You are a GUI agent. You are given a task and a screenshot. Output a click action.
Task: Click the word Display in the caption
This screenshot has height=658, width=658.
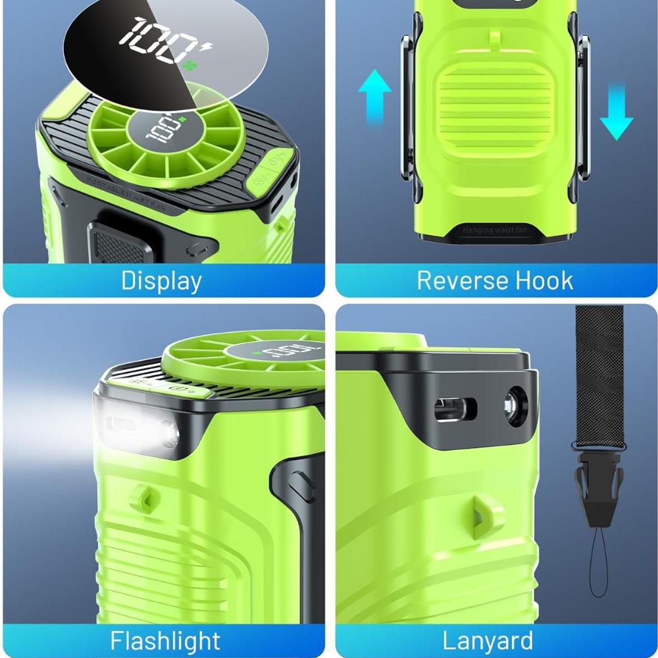(x=161, y=281)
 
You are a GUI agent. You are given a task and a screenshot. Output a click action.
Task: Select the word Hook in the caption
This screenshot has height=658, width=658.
(x=545, y=281)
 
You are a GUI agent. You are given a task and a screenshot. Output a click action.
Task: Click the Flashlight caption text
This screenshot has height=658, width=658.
(x=165, y=640)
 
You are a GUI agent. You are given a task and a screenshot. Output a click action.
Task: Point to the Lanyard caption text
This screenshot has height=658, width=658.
(x=488, y=640)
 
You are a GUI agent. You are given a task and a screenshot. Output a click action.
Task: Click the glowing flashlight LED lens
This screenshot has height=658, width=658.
(x=169, y=434)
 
